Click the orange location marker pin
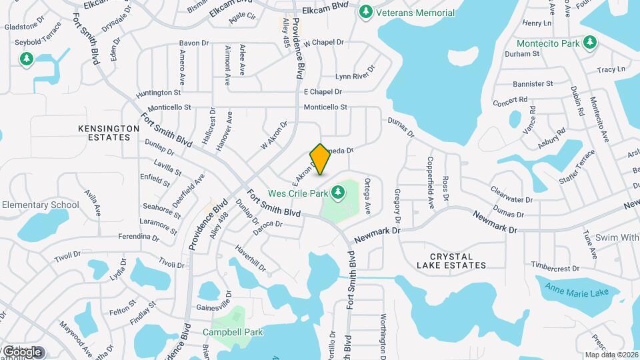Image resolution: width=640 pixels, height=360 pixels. pyautogui.click(x=321, y=159)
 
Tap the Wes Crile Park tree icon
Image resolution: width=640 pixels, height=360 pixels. pyautogui.click(x=338, y=193)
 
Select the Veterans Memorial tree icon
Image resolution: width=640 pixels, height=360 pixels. pyautogui.click(x=365, y=13)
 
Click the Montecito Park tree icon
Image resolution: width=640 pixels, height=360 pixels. pyautogui.click(x=589, y=43)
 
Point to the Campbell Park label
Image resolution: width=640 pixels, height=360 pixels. pyautogui.click(x=233, y=332)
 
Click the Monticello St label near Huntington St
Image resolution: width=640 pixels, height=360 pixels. pyautogui.click(x=169, y=107)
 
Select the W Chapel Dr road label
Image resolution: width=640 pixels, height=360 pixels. pyautogui.click(x=323, y=43)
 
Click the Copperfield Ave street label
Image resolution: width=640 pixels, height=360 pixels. pyautogui.click(x=431, y=183)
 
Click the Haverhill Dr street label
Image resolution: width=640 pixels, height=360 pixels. pyautogui.click(x=250, y=258)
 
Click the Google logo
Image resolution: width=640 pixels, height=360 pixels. pyautogui.click(x=23, y=351)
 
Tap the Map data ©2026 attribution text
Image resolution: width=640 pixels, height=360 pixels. pyautogui.click(x=611, y=355)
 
